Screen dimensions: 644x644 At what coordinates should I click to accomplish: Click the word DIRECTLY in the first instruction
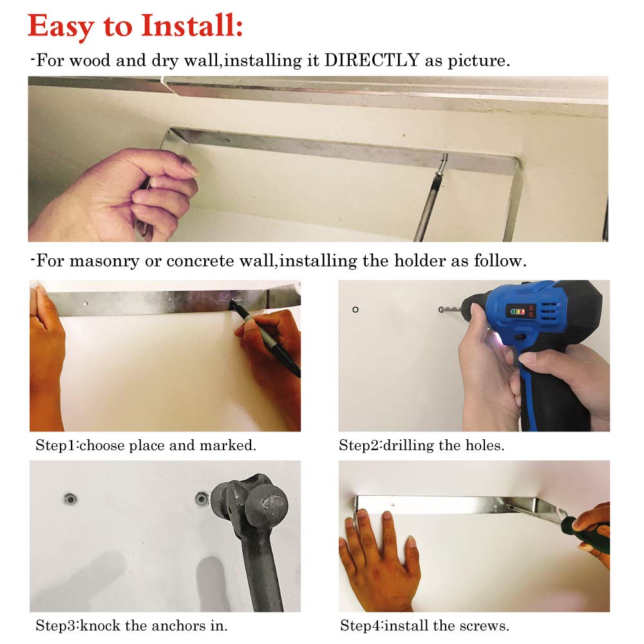coord(372,61)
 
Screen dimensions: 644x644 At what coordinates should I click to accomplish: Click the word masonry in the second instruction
coord(104,261)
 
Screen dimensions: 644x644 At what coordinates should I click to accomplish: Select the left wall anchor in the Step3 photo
coord(71,500)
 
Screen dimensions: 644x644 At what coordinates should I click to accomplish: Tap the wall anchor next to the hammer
coord(201,499)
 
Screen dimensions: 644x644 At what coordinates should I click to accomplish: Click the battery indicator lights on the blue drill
coord(517,311)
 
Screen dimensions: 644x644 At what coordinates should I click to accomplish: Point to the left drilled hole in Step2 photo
coord(355,309)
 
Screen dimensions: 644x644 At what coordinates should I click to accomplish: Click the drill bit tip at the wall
coord(441,309)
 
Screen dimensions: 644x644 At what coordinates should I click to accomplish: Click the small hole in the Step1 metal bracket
coord(86,304)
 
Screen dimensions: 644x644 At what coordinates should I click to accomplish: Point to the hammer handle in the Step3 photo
coord(261,569)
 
